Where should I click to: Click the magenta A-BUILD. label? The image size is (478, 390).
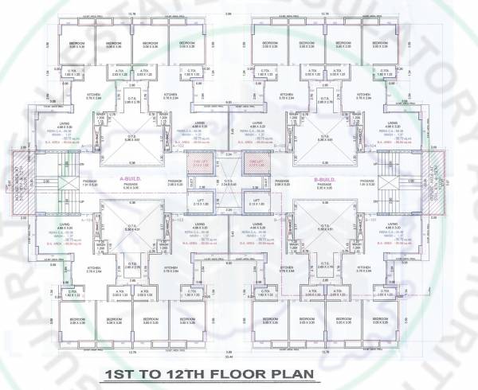[x=131, y=179]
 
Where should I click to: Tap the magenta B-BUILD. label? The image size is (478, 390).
[x=326, y=179]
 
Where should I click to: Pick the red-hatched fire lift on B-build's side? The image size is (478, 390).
[x=257, y=165]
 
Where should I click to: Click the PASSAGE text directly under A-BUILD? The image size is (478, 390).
[x=130, y=185]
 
